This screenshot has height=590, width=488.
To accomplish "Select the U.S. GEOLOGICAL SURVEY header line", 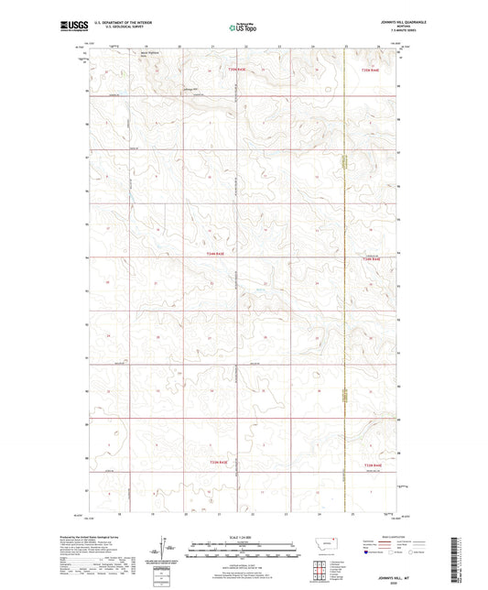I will [114, 27].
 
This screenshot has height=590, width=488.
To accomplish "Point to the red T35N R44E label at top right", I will [369, 70].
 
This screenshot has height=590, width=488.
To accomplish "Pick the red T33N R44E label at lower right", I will [372, 464].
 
